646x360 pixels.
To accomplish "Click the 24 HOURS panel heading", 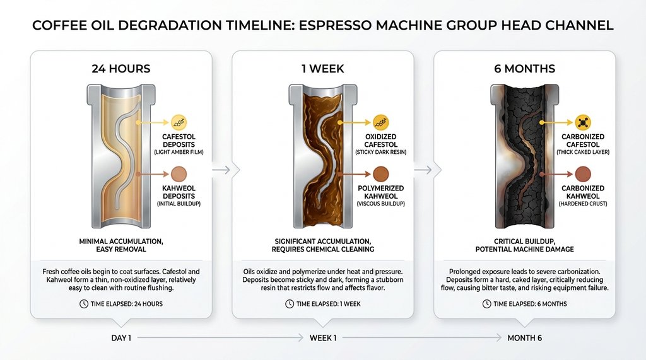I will tap(121, 68).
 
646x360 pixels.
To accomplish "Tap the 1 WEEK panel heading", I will tap(322, 68).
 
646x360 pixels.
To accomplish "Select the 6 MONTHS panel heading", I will tap(524, 68).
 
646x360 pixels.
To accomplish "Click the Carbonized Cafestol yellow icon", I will tap(583, 122).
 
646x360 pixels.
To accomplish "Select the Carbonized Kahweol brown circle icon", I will tap(583, 173).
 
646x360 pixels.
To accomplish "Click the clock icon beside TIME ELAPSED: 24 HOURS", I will tap(84, 304).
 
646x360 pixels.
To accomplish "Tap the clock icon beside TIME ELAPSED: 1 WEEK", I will tap(289, 304).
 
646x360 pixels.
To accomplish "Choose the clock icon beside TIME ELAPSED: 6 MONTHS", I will tap(487, 304).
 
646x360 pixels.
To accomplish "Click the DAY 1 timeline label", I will tap(121, 339).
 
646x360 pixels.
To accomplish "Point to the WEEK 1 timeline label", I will tap(322, 339).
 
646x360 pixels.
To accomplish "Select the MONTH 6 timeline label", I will tap(524, 339).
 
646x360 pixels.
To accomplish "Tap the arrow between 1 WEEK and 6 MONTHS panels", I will tap(424, 169).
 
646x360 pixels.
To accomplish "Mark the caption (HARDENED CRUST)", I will tap(583, 204).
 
